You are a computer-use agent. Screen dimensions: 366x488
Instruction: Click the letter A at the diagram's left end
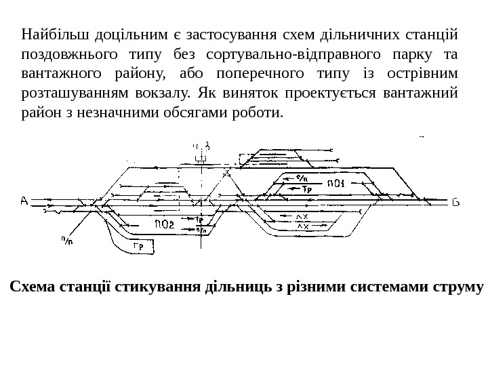[x=24, y=201]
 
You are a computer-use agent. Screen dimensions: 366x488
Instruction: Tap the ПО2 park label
[x=165, y=224]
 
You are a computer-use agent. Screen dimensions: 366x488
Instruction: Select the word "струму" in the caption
[x=457, y=286]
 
